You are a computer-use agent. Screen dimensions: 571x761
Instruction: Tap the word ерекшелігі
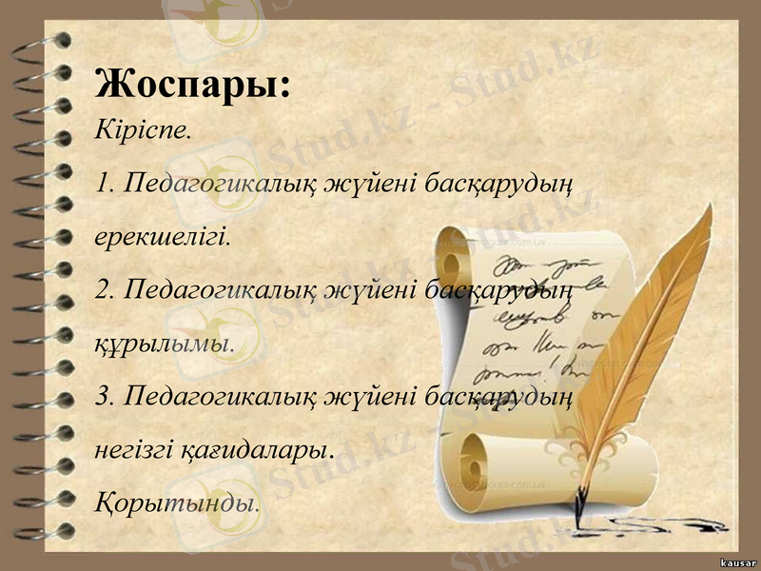(163, 235)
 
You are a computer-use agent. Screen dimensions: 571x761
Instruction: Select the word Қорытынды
(177, 500)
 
